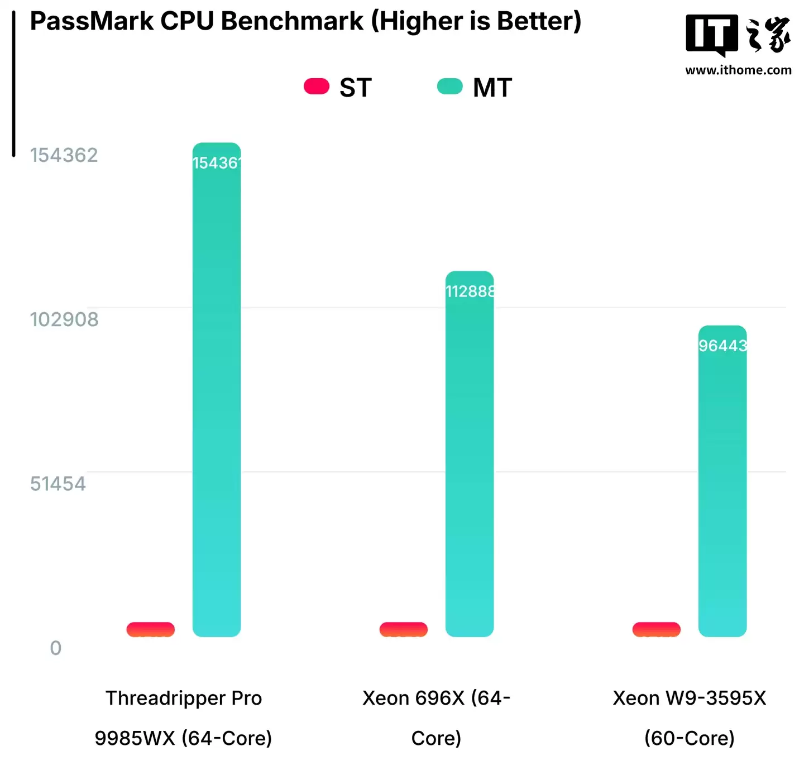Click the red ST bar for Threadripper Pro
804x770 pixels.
pos(151,629)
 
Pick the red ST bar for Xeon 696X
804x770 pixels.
pos(404,629)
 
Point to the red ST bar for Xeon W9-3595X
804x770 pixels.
pos(657,629)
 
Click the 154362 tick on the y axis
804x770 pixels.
pos(64,155)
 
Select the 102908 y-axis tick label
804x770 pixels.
pos(64,319)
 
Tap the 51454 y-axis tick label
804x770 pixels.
pos(58,484)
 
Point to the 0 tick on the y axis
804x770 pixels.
pos(55,648)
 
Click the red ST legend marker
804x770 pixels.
pos(317,87)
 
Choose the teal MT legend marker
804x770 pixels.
pos(450,87)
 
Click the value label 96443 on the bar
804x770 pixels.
pos(722,346)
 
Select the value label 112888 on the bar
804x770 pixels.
pos(470,291)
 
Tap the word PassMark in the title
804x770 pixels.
pos(92,21)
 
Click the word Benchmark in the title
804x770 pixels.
pos(292,21)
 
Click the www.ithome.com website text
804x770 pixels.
pos(738,70)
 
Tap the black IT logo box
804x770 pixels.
pos(711,35)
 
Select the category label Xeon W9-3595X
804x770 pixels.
pos(689,698)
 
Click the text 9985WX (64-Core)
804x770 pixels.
pos(183,738)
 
